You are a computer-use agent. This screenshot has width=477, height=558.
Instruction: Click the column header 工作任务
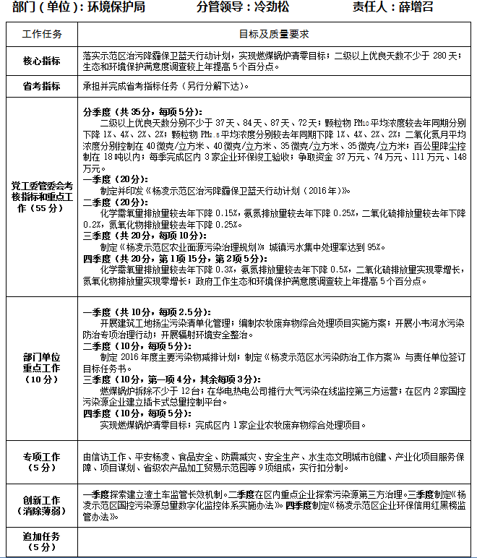[x=42, y=35]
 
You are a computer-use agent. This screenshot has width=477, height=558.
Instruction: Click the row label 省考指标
[x=42, y=86]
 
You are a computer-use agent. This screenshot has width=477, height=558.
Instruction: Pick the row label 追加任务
[x=42, y=541]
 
